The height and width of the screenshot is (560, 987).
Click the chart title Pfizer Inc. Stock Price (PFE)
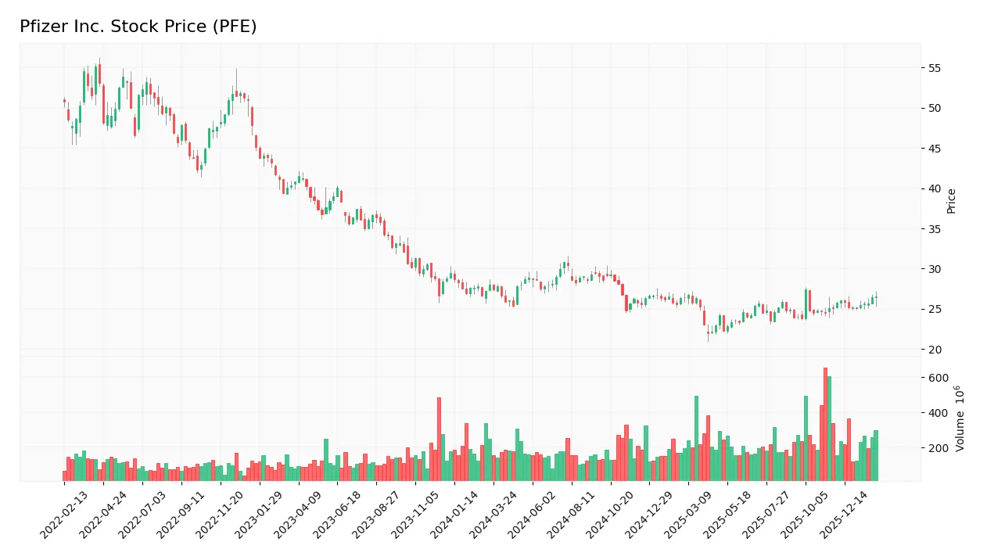pyautogui.click(x=138, y=27)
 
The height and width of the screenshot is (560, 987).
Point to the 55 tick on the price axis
pyautogui.click(x=935, y=68)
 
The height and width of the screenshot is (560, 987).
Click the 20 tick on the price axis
pyautogui.click(x=935, y=350)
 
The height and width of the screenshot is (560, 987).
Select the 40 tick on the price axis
pyautogui.click(x=935, y=188)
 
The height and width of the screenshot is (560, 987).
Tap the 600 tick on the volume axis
pyautogui.click(x=938, y=378)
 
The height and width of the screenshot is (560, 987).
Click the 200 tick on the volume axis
pyautogui.click(x=938, y=448)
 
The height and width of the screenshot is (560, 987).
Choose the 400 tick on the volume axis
pyautogui.click(x=938, y=413)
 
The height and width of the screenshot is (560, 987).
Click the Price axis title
pyautogui.click(x=952, y=201)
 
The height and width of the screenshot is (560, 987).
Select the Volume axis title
pyautogui.click(x=960, y=418)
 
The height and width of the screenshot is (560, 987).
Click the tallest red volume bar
pyautogui.click(x=825, y=424)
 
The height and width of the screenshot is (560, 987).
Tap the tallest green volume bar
pyautogui.click(x=829, y=429)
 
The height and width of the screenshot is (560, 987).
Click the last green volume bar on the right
pyautogui.click(x=876, y=455)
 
